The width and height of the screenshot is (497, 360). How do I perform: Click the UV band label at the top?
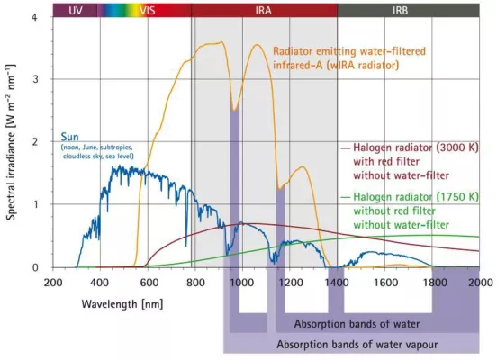[x=75, y=10]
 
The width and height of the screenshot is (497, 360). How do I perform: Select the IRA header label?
[x=265, y=10]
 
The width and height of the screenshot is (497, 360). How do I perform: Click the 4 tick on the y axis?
[x=35, y=19]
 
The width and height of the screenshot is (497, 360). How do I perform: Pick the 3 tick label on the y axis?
[x=35, y=80]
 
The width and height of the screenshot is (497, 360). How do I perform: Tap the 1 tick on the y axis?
[x=35, y=204]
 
